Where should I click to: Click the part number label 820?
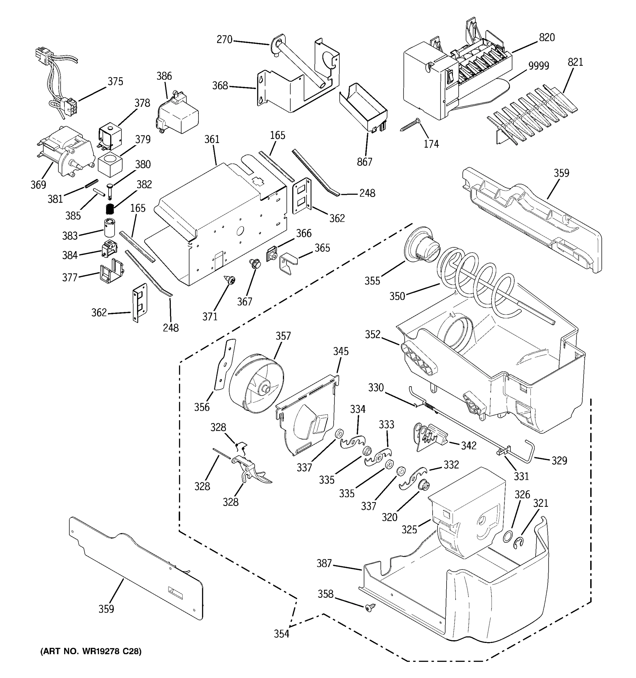(547, 38)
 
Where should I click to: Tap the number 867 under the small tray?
(364, 162)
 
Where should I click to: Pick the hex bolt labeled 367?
(254, 263)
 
